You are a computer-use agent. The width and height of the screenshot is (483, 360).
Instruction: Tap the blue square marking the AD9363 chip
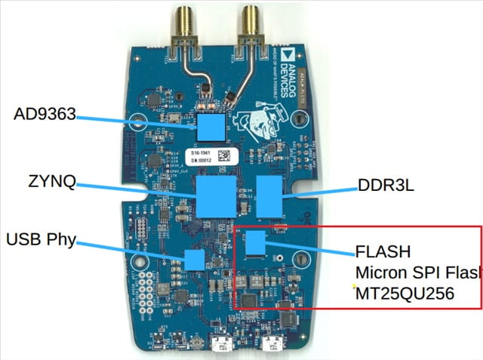point(212,126)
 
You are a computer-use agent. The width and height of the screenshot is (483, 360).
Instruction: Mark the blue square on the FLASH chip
point(257,243)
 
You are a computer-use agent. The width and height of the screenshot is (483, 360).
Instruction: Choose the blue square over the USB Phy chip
point(195,260)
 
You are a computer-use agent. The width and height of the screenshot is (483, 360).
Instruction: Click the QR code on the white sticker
point(223,156)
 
